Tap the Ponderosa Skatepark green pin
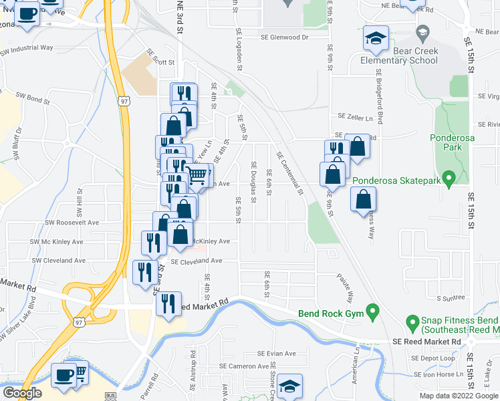[x=449, y=178]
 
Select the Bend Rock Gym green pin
[x=374, y=311]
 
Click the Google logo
[x=22, y=393]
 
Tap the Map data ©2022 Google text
[x=459, y=396]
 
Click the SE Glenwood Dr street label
[x=284, y=37]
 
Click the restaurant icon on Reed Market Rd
[x=168, y=303]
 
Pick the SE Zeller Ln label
[x=355, y=117]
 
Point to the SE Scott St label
[x=161, y=61]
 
